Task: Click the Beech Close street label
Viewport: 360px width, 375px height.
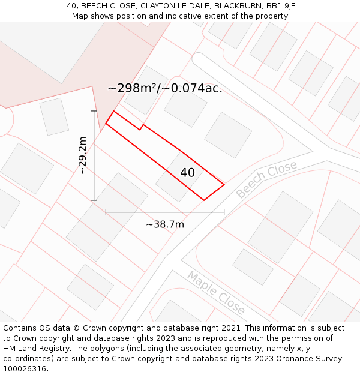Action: pos(266,179)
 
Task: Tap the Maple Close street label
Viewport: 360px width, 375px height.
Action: pos(216,293)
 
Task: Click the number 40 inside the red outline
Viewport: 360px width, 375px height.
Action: pos(187,173)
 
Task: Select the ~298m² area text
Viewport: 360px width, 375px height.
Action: pos(133,88)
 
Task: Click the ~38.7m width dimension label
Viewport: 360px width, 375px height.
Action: pos(164,224)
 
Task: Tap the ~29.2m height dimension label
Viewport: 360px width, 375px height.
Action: pos(83,155)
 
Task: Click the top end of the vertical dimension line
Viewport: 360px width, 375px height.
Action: pos(94,111)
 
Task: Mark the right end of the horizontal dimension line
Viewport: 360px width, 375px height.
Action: pos(224,212)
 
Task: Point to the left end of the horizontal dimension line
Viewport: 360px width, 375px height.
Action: pos(106,212)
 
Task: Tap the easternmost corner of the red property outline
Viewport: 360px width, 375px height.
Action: pos(224,185)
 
